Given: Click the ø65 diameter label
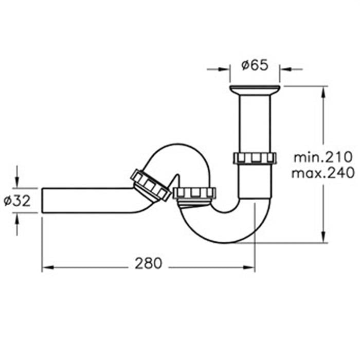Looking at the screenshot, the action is (x=255, y=65).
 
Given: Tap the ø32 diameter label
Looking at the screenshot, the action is (x=17, y=201).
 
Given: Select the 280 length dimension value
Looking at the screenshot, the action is (x=148, y=263).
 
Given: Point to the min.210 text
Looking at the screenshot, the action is (x=322, y=157).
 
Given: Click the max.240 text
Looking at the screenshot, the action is (x=323, y=173).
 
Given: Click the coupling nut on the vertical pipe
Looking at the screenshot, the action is (x=255, y=158).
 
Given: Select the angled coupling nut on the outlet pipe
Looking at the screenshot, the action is (x=151, y=186).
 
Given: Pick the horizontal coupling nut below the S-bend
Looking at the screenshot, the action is (x=194, y=193).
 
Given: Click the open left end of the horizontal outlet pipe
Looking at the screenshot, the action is (x=42, y=201).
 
